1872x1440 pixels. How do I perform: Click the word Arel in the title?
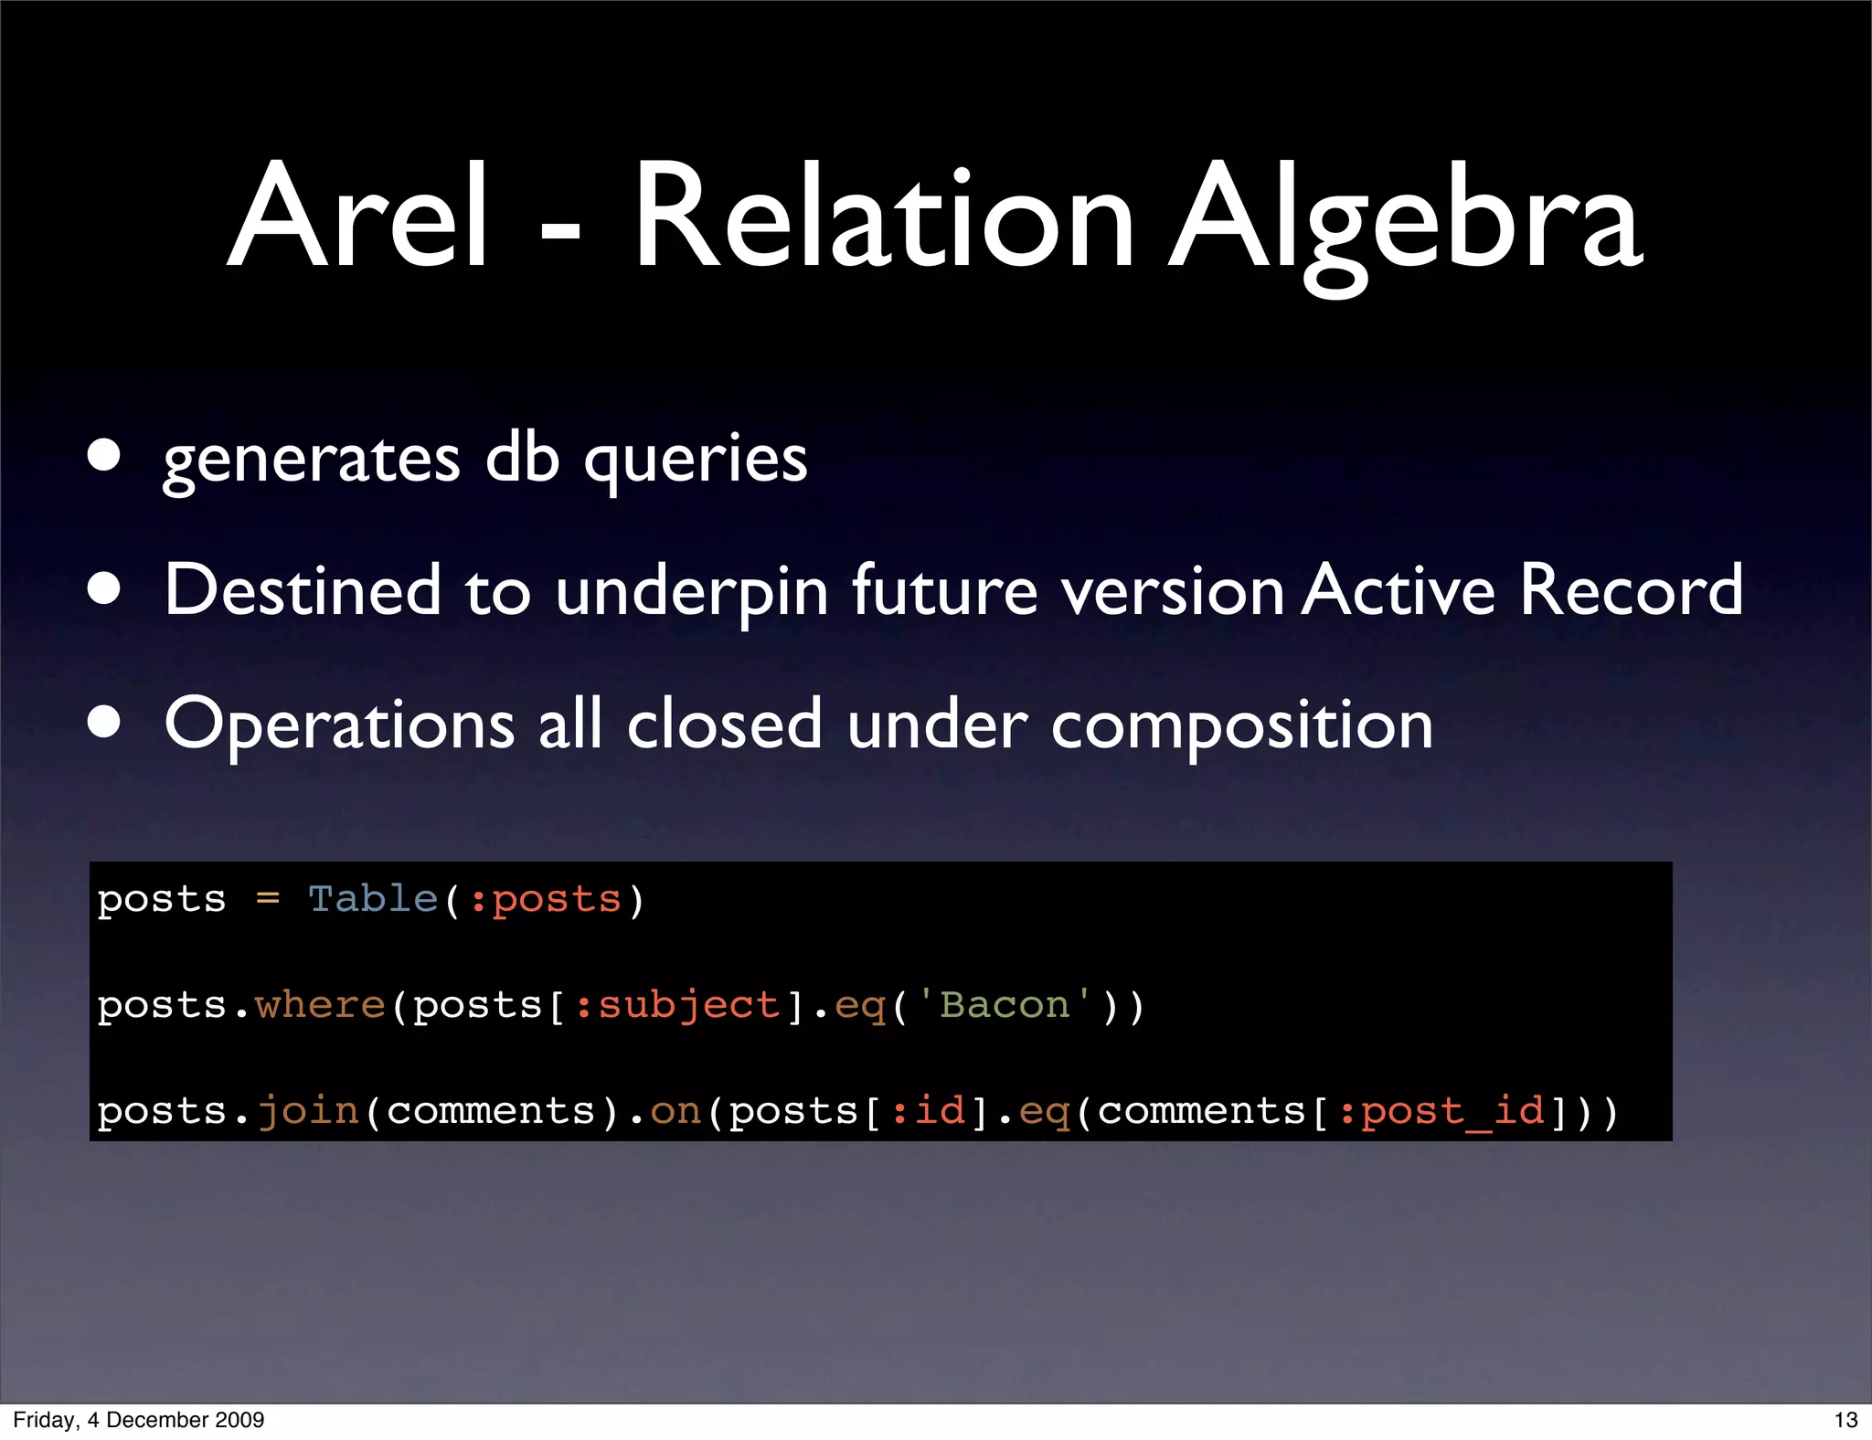point(358,217)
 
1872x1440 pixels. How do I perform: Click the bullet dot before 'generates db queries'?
point(104,454)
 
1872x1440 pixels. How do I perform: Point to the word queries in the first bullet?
point(696,460)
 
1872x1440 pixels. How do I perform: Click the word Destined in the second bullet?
point(303,589)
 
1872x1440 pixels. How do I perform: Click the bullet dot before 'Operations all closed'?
point(104,722)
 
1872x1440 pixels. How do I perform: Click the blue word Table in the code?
point(373,899)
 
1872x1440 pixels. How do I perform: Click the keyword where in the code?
point(320,1005)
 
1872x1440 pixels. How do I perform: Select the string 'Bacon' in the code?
point(1004,1005)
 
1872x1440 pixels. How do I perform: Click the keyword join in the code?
point(308,1112)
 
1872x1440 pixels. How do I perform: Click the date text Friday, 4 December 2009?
point(139,1420)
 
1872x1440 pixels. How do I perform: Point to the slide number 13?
point(1845,1420)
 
